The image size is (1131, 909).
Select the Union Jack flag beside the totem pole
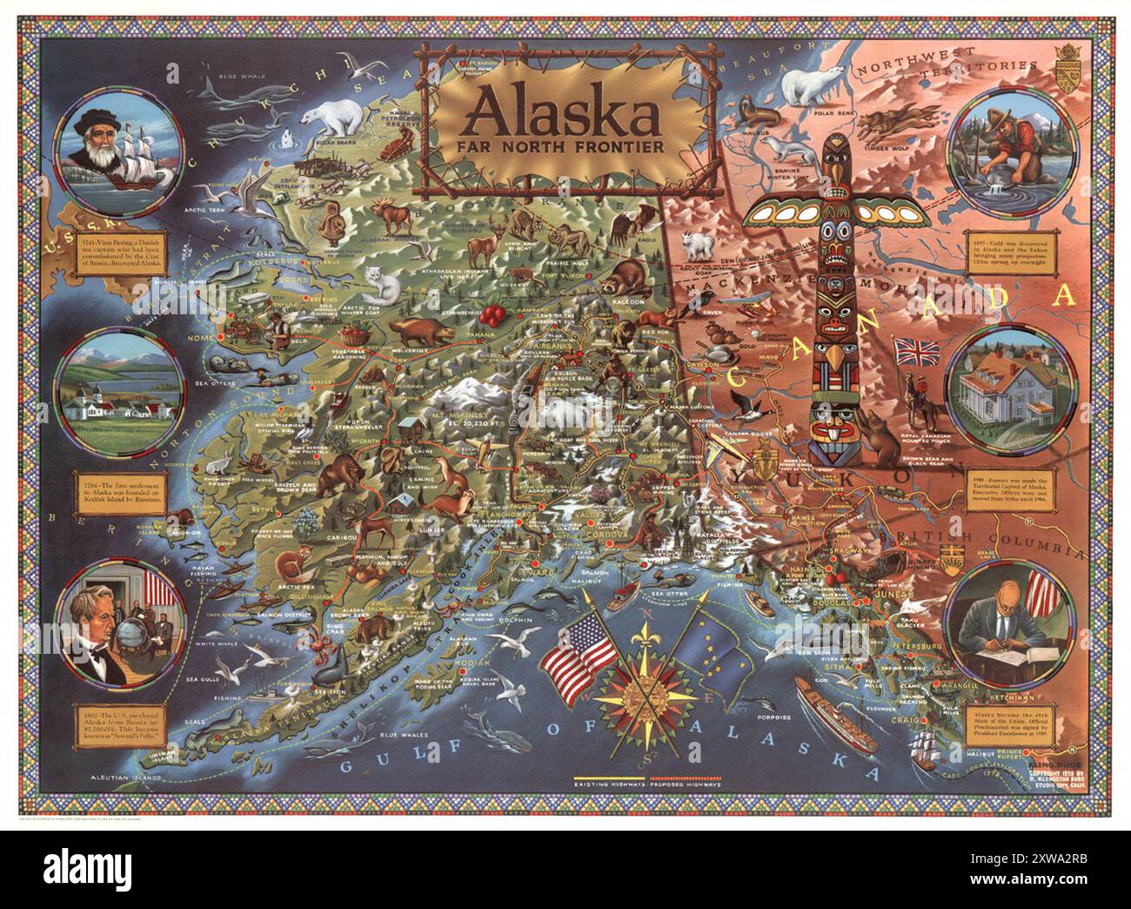click(x=916, y=352)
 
